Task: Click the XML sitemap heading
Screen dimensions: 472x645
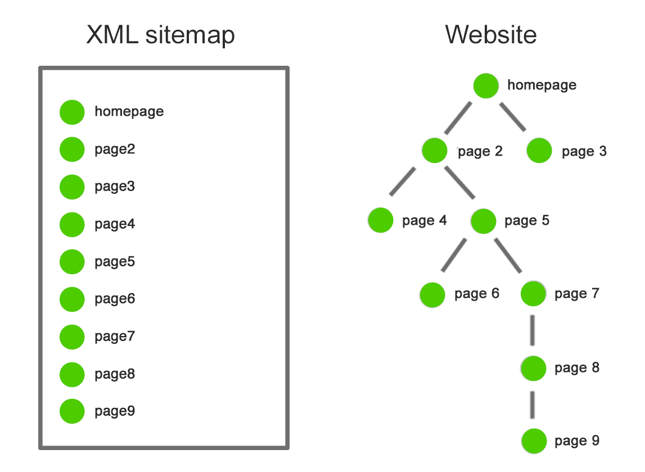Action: coord(160,35)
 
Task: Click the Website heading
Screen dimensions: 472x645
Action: coord(490,35)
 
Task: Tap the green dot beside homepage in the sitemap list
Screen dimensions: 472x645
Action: coord(72,112)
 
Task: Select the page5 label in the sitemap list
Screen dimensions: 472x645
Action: coord(115,261)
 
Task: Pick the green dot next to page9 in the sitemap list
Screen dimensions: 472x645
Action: coord(72,411)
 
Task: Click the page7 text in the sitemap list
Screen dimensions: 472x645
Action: coord(115,336)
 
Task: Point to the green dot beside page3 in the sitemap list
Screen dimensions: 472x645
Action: coord(72,187)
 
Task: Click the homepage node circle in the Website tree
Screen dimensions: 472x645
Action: coord(486,85)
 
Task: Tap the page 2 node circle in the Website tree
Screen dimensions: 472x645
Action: coord(435,151)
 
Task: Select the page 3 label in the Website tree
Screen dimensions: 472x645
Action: coord(584,151)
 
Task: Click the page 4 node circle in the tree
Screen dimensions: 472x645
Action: coord(381,220)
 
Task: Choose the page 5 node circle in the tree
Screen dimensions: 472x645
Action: coord(483,220)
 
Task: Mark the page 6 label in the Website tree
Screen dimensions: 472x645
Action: coord(477,294)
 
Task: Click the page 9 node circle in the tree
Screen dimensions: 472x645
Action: coord(534,441)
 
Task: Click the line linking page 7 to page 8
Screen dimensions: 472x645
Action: coord(533,332)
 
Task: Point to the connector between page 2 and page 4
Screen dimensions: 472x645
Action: coord(403,181)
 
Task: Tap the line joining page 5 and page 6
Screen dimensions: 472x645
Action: coord(454,255)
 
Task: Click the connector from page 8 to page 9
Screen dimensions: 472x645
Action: coord(533,405)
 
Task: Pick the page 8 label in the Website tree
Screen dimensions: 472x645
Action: coord(577,367)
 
